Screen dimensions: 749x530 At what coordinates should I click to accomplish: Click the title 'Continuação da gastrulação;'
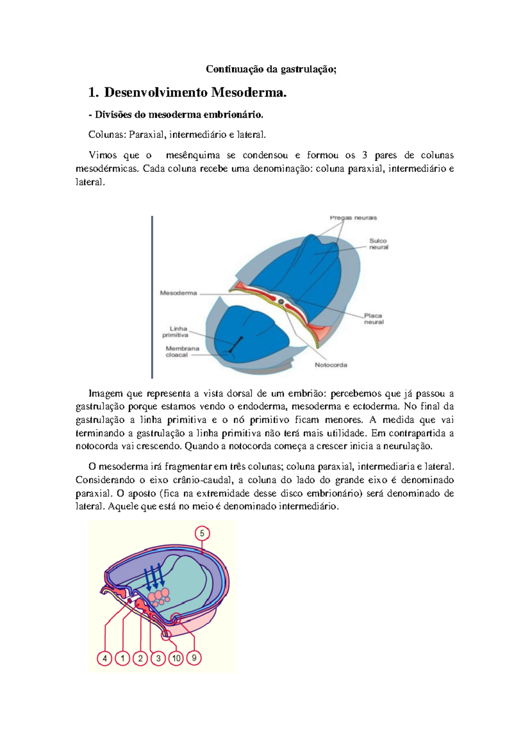[271, 69]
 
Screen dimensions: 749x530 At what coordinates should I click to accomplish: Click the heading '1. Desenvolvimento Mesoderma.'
[188, 92]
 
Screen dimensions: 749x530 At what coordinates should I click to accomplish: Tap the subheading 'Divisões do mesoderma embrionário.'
[179, 115]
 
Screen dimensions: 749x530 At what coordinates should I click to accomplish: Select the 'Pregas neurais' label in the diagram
[353, 218]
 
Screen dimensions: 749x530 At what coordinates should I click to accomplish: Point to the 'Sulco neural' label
[379, 244]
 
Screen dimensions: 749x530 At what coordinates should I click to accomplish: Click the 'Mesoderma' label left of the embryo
[178, 293]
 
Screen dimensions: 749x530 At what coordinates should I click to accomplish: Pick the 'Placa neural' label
[374, 319]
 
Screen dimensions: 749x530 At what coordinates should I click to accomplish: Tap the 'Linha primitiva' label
[176, 332]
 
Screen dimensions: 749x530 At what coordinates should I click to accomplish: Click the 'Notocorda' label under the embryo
[331, 365]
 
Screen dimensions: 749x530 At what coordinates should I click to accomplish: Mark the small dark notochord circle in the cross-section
[281, 302]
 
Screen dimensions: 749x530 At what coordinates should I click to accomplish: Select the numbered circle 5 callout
[202, 533]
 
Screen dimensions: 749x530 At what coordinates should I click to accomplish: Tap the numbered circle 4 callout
[105, 658]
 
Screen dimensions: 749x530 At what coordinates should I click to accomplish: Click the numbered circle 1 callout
[122, 658]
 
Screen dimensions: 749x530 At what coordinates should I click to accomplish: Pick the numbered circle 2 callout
[140, 658]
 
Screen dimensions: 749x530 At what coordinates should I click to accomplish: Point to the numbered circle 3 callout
[158, 658]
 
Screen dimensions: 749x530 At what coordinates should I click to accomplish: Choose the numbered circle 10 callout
[176, 658]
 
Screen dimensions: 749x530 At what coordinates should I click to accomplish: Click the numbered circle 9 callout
[194, 658]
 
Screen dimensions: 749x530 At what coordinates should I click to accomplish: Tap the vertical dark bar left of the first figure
[152, 297]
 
